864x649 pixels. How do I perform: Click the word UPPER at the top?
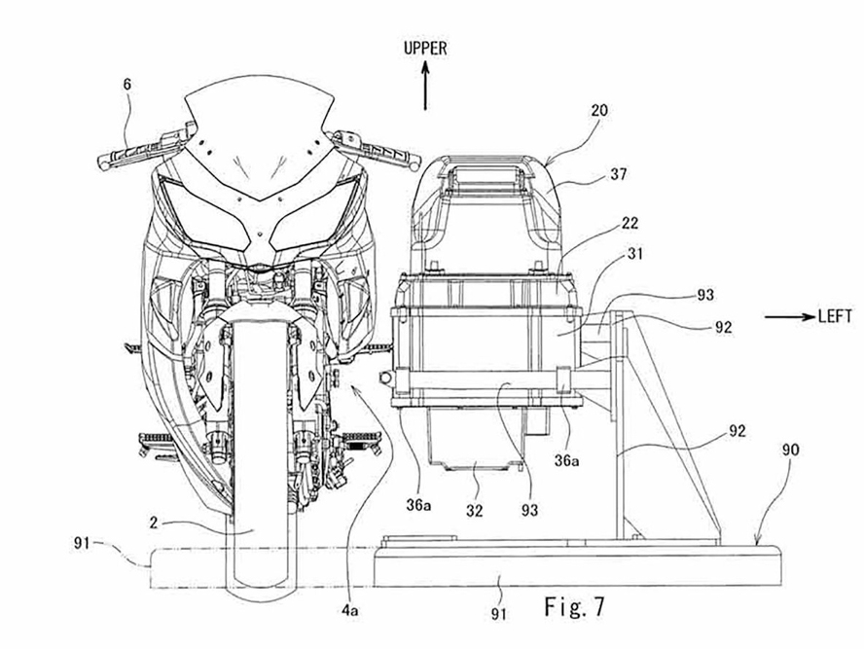click(425, 49)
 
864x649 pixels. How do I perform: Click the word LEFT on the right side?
click(836, 316)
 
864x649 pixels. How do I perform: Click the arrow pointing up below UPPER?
click(425, 86)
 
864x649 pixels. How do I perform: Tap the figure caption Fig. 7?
click(575, 606)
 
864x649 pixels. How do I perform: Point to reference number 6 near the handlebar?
click(127, 85)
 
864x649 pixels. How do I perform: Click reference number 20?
click(599, 110)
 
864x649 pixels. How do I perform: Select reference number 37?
click(618, 174)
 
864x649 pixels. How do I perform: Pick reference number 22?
click(630, 223)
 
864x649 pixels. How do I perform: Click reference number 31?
click(633, 254)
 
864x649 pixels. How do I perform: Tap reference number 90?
click(790, 451)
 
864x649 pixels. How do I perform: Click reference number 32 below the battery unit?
click(474, 511)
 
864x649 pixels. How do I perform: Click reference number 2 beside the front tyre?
click(154, 523)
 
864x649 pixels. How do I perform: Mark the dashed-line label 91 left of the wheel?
click(81, 543)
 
